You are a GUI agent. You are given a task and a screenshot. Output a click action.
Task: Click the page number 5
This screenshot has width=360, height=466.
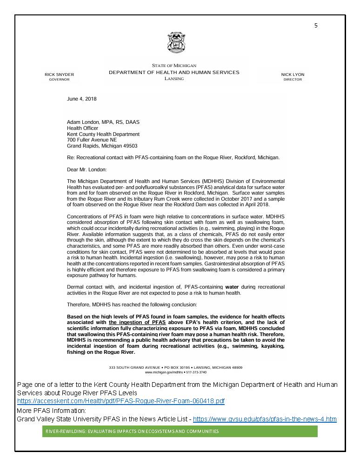tap(316, 26)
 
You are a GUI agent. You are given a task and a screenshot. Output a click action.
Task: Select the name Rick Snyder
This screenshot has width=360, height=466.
tap(59, 74)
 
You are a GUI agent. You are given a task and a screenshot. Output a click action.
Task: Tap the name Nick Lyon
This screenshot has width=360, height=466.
tap(293, 74)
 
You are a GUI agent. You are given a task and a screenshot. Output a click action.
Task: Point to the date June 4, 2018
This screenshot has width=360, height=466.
tap(82, 99)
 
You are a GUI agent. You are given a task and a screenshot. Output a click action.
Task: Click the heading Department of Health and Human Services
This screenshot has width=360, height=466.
tap(174, 73)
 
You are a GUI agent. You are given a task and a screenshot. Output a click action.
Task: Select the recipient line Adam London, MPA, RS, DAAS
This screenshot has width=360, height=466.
tap(103, 122)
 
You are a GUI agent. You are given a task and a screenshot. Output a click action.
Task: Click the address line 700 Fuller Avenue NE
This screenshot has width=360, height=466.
tap(92, 140)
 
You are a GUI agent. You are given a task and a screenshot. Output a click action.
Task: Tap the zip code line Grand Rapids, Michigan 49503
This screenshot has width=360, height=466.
tap(102, 146)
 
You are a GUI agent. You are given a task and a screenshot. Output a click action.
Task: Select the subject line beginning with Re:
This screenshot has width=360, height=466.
tap(173, 157)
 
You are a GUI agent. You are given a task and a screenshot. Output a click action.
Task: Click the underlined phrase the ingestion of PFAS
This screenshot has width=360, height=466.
tap(137, 322)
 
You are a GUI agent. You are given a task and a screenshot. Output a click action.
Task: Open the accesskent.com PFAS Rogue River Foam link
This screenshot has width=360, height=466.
tap(121, 401)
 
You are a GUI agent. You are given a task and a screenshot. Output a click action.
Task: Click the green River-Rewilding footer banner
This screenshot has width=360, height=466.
tap(180, 432)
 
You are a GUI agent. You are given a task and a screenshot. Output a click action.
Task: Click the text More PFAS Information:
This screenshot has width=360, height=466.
tap(51, 411)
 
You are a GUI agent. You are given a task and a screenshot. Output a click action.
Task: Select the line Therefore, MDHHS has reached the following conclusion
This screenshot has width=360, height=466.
tap(132, 304)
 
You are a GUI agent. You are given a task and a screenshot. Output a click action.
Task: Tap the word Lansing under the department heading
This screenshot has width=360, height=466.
tap(174, 79)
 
